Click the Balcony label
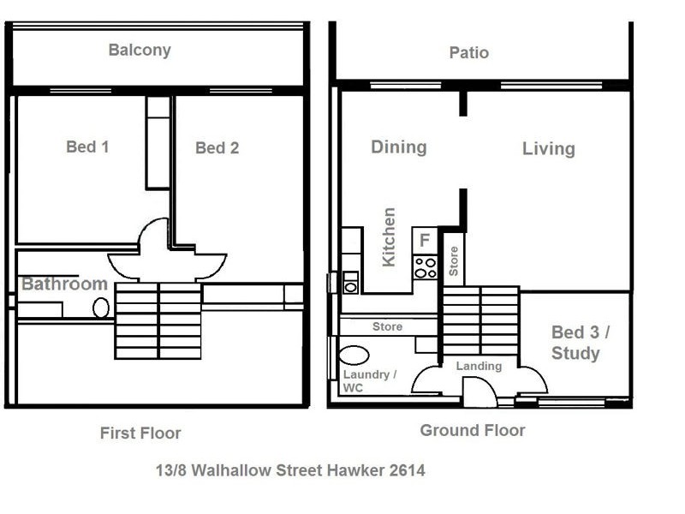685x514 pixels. [x=140, y=50]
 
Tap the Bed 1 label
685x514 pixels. [x=87, y=146]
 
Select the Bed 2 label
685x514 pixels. [x=217, y=147]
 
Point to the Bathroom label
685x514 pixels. [x=64, y=284]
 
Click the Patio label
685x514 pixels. [x=469, y=52]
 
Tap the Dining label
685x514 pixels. [x=398, y=146]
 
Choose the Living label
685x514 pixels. [x=548, y=148]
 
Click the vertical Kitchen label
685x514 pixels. [x=390, y=236]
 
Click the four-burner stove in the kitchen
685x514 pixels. [x=426, y=267]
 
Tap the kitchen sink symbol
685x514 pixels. [x=350, y=282]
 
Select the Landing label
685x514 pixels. [x=479, y=366]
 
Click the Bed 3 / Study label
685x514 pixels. [x=575, y=342]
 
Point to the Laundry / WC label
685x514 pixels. [x=369, y=381]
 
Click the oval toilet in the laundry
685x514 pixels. [x=354, y=355]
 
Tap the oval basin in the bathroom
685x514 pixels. [x=101, y=308]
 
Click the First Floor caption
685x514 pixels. [x=140, y=433]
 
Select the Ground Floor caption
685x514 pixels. [x=472, y=430]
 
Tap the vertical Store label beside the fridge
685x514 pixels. [x=454, y=260]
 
